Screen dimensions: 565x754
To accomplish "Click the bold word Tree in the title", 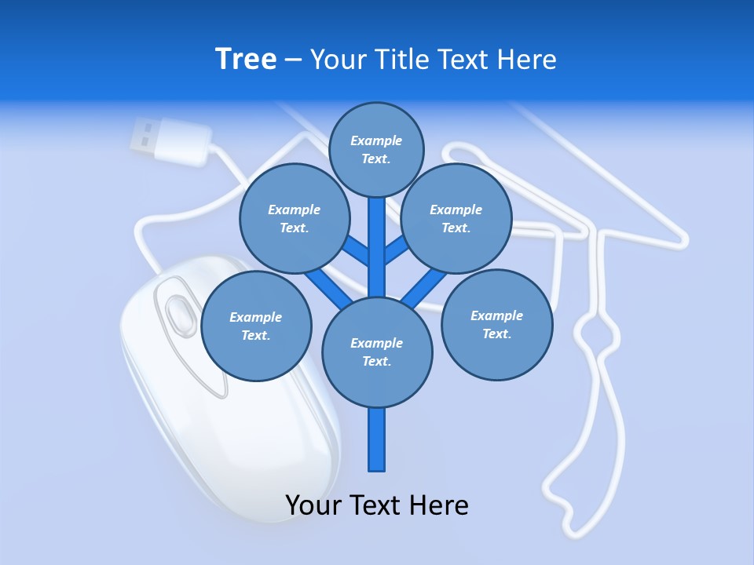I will (x=246, y=60).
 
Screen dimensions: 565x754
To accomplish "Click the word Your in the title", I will (x=339, y=60).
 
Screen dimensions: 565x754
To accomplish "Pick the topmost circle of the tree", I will (x=376, y=149).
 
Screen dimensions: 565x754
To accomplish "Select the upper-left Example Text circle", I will (x=294, y=218).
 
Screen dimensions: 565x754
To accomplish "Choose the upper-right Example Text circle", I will (x=456, y=218).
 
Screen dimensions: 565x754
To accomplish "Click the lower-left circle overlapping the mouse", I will (x=256, y=326).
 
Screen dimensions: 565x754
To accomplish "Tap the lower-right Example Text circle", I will (x=496, y=324).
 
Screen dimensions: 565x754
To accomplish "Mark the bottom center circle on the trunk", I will (x=377, y=352).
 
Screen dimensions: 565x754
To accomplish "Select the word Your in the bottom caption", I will (x=313, y=505).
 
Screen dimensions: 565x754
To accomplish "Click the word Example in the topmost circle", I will (x=376, y=140).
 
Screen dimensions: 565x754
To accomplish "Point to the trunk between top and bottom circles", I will (x=377, y=247).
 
